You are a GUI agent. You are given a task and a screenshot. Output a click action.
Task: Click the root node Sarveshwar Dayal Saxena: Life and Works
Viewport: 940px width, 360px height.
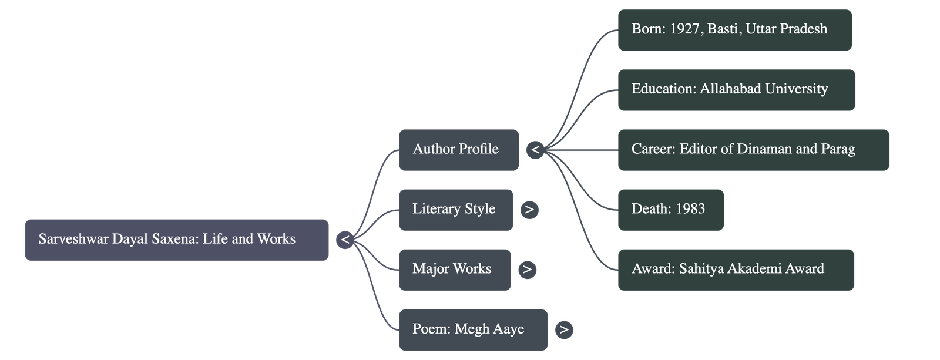coord(176,240)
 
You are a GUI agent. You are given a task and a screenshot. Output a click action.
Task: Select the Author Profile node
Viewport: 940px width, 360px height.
coord(458,150)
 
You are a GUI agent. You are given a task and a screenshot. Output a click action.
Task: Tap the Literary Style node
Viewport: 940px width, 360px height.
coord(455,210)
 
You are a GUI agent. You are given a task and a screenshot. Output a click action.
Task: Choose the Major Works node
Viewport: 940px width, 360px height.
coord(454,270)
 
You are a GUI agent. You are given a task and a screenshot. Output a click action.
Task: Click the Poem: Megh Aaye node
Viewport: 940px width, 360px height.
coord(472,329)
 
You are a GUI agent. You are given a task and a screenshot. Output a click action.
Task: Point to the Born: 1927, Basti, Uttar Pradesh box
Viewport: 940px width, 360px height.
coord(734,30)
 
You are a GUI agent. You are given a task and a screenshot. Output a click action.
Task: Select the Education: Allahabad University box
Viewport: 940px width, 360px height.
coord(736,90)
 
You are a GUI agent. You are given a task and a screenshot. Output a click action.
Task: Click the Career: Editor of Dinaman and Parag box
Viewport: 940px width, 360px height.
coord(753,150)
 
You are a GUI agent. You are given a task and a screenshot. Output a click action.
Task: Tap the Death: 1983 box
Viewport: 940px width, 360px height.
coord(670,210)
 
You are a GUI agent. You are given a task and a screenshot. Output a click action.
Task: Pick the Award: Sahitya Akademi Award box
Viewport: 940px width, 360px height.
coord(736,270)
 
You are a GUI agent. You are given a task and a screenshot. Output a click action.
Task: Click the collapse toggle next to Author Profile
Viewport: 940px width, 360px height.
coord(535,150)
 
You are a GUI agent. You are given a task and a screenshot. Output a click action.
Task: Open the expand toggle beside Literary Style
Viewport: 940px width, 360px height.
coord(529,210)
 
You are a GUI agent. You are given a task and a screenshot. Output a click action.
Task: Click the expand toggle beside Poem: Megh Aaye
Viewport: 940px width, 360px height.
coord(564,329)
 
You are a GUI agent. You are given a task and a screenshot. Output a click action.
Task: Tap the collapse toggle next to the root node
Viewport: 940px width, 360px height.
coord(345,240)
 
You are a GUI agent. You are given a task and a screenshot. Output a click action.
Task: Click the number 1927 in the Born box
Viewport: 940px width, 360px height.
coord(684,29)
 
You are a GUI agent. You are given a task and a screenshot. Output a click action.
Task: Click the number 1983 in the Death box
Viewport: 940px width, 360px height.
coord(690,209)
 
